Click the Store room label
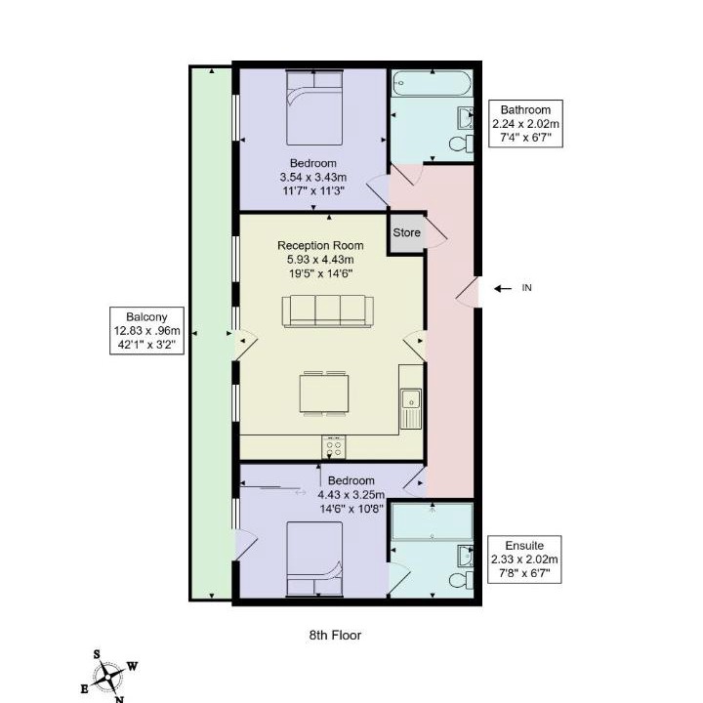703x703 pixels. [406, 232]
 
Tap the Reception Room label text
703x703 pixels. [320, 246]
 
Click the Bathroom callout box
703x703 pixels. [525, 123]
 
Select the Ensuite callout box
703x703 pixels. [524, 559]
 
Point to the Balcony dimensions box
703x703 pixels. [147, 331]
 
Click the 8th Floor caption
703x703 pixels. [335, 635]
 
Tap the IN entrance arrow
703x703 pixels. [503, 288]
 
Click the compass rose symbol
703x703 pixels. [108, 676]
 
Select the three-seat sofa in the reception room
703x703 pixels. [327, 311]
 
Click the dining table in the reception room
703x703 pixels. [324, 393]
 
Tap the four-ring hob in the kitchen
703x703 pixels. [334, 447]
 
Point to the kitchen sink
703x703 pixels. [411, 408]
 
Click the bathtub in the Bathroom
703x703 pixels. [433, 83]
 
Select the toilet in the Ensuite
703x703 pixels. [461, 581]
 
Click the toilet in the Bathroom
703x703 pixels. [461, 145]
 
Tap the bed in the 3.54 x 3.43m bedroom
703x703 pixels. [314, 107]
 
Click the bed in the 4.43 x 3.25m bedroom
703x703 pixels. [314, 558]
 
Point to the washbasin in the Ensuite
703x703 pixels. [466, 556]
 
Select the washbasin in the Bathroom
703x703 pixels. [466, 118]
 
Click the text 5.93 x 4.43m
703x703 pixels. [320, 260]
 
